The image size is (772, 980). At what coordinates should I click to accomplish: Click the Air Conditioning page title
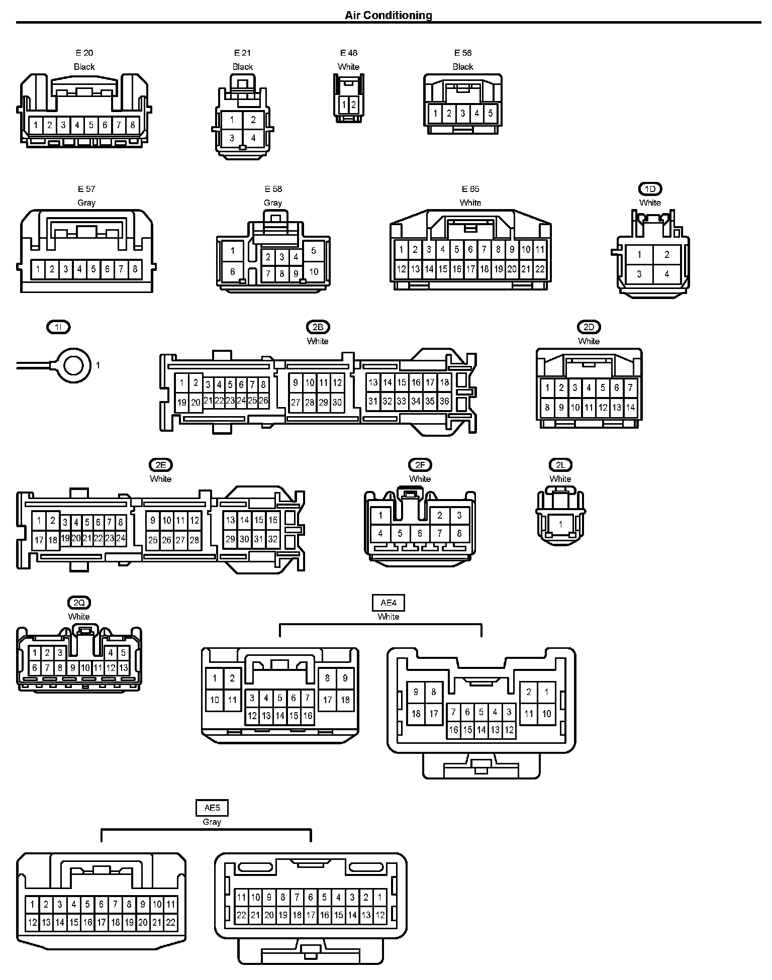[388, 15]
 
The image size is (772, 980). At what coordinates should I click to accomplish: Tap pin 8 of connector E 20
[133, 125]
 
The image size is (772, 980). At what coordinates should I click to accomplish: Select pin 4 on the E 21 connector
[253, 138]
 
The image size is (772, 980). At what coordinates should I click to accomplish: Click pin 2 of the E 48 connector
[354, 105]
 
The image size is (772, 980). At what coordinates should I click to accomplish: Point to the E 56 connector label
[463, 53]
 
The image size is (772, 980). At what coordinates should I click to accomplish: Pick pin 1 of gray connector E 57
[38, 269]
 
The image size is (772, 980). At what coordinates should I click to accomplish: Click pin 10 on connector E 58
[314, 272]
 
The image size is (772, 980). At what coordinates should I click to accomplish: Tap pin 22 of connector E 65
[539, 269]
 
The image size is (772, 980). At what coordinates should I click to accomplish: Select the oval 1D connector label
[650, 189]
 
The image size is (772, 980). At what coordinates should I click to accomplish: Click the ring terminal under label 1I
[74, 365]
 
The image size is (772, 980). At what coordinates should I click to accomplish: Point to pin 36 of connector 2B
[444, 401]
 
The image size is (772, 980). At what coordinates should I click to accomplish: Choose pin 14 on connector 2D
[630, 408]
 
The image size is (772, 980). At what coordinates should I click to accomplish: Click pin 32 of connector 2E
[272, 540]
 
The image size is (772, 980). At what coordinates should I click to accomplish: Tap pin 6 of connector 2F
[420, 533]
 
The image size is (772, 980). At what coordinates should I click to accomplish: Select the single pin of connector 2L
[560, 524]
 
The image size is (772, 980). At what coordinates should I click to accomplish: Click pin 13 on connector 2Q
[123, 668]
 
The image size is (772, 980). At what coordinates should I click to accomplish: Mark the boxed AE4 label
[389, 602]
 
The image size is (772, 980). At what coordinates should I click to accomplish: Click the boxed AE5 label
[212, 808]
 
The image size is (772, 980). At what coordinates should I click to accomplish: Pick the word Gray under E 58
[273, 203]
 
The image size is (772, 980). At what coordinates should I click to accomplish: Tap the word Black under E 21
[242, 67]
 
